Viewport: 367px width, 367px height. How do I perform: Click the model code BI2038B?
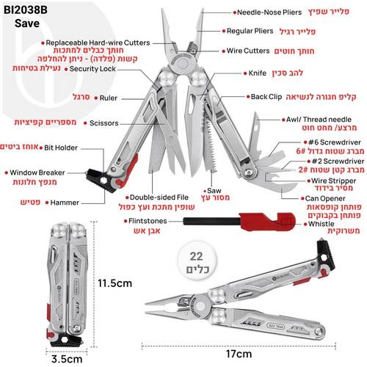26,10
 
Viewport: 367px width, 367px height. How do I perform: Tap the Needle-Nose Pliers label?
269,12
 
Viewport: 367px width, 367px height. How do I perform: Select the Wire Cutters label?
248,51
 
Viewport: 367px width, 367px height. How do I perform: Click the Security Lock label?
92,69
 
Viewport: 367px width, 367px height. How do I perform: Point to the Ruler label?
109,98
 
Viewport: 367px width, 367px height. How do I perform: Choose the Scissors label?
104,123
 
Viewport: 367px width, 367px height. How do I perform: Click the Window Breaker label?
37,172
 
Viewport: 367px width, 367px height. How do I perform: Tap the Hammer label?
65,203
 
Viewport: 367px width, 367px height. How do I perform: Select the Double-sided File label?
159,197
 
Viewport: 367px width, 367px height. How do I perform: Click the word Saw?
214,191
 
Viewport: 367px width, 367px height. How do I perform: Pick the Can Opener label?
325,198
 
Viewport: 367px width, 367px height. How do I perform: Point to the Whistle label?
321,224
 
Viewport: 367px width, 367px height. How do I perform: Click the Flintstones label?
148,221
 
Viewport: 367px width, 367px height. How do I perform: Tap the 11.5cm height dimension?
115,283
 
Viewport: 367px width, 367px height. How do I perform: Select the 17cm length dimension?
239,354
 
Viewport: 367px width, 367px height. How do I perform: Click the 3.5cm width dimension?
67,359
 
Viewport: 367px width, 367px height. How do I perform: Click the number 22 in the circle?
196,256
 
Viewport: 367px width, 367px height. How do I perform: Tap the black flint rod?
211,221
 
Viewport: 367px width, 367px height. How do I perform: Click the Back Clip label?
266,97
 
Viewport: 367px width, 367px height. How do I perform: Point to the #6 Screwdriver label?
334,142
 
